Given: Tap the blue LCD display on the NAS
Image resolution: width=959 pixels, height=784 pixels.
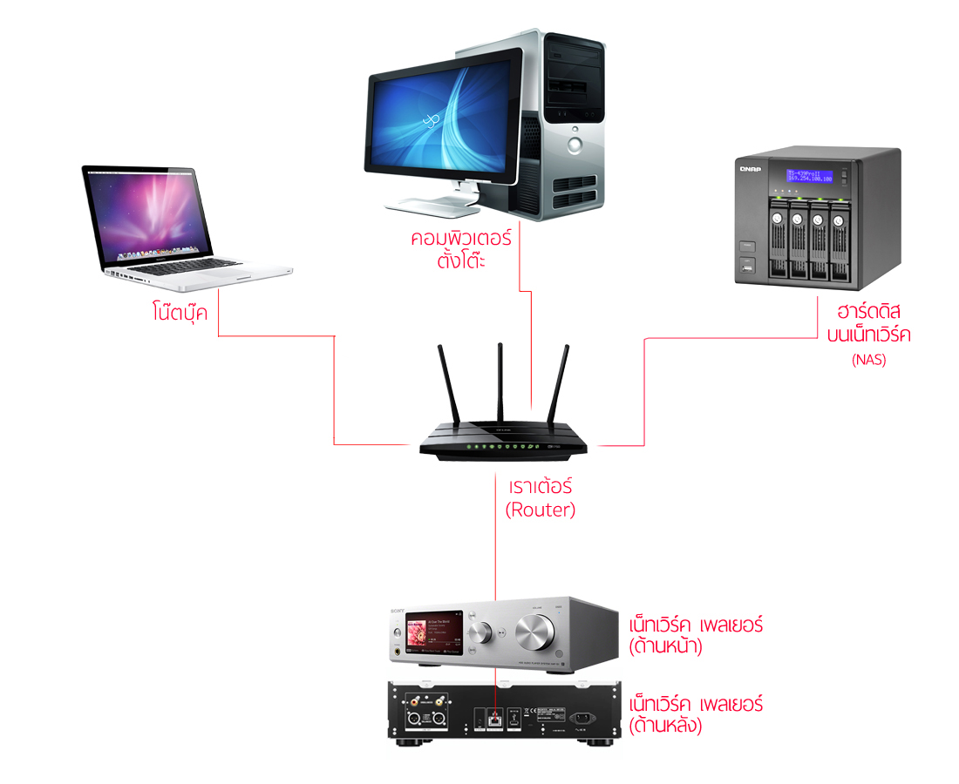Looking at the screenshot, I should (810, 176).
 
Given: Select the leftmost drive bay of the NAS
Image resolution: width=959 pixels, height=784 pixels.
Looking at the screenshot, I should (775, 241).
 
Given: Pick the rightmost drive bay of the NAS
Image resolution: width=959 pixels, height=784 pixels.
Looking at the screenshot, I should (839, 241).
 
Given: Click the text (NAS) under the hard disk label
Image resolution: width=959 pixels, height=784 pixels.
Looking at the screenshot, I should (868, 360).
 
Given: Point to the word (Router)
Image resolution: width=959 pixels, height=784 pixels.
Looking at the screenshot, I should (541, 510).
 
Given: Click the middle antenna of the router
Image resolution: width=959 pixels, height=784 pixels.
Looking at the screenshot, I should (500, 383).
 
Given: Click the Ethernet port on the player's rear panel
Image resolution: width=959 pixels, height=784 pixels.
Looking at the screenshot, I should (494, 719).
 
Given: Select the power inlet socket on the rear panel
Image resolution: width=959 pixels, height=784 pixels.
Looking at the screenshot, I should (582, 719).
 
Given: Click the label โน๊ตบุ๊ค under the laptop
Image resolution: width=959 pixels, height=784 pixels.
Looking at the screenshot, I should (179, 312).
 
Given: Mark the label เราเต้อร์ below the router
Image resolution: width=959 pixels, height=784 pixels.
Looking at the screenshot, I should (541, 486).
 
